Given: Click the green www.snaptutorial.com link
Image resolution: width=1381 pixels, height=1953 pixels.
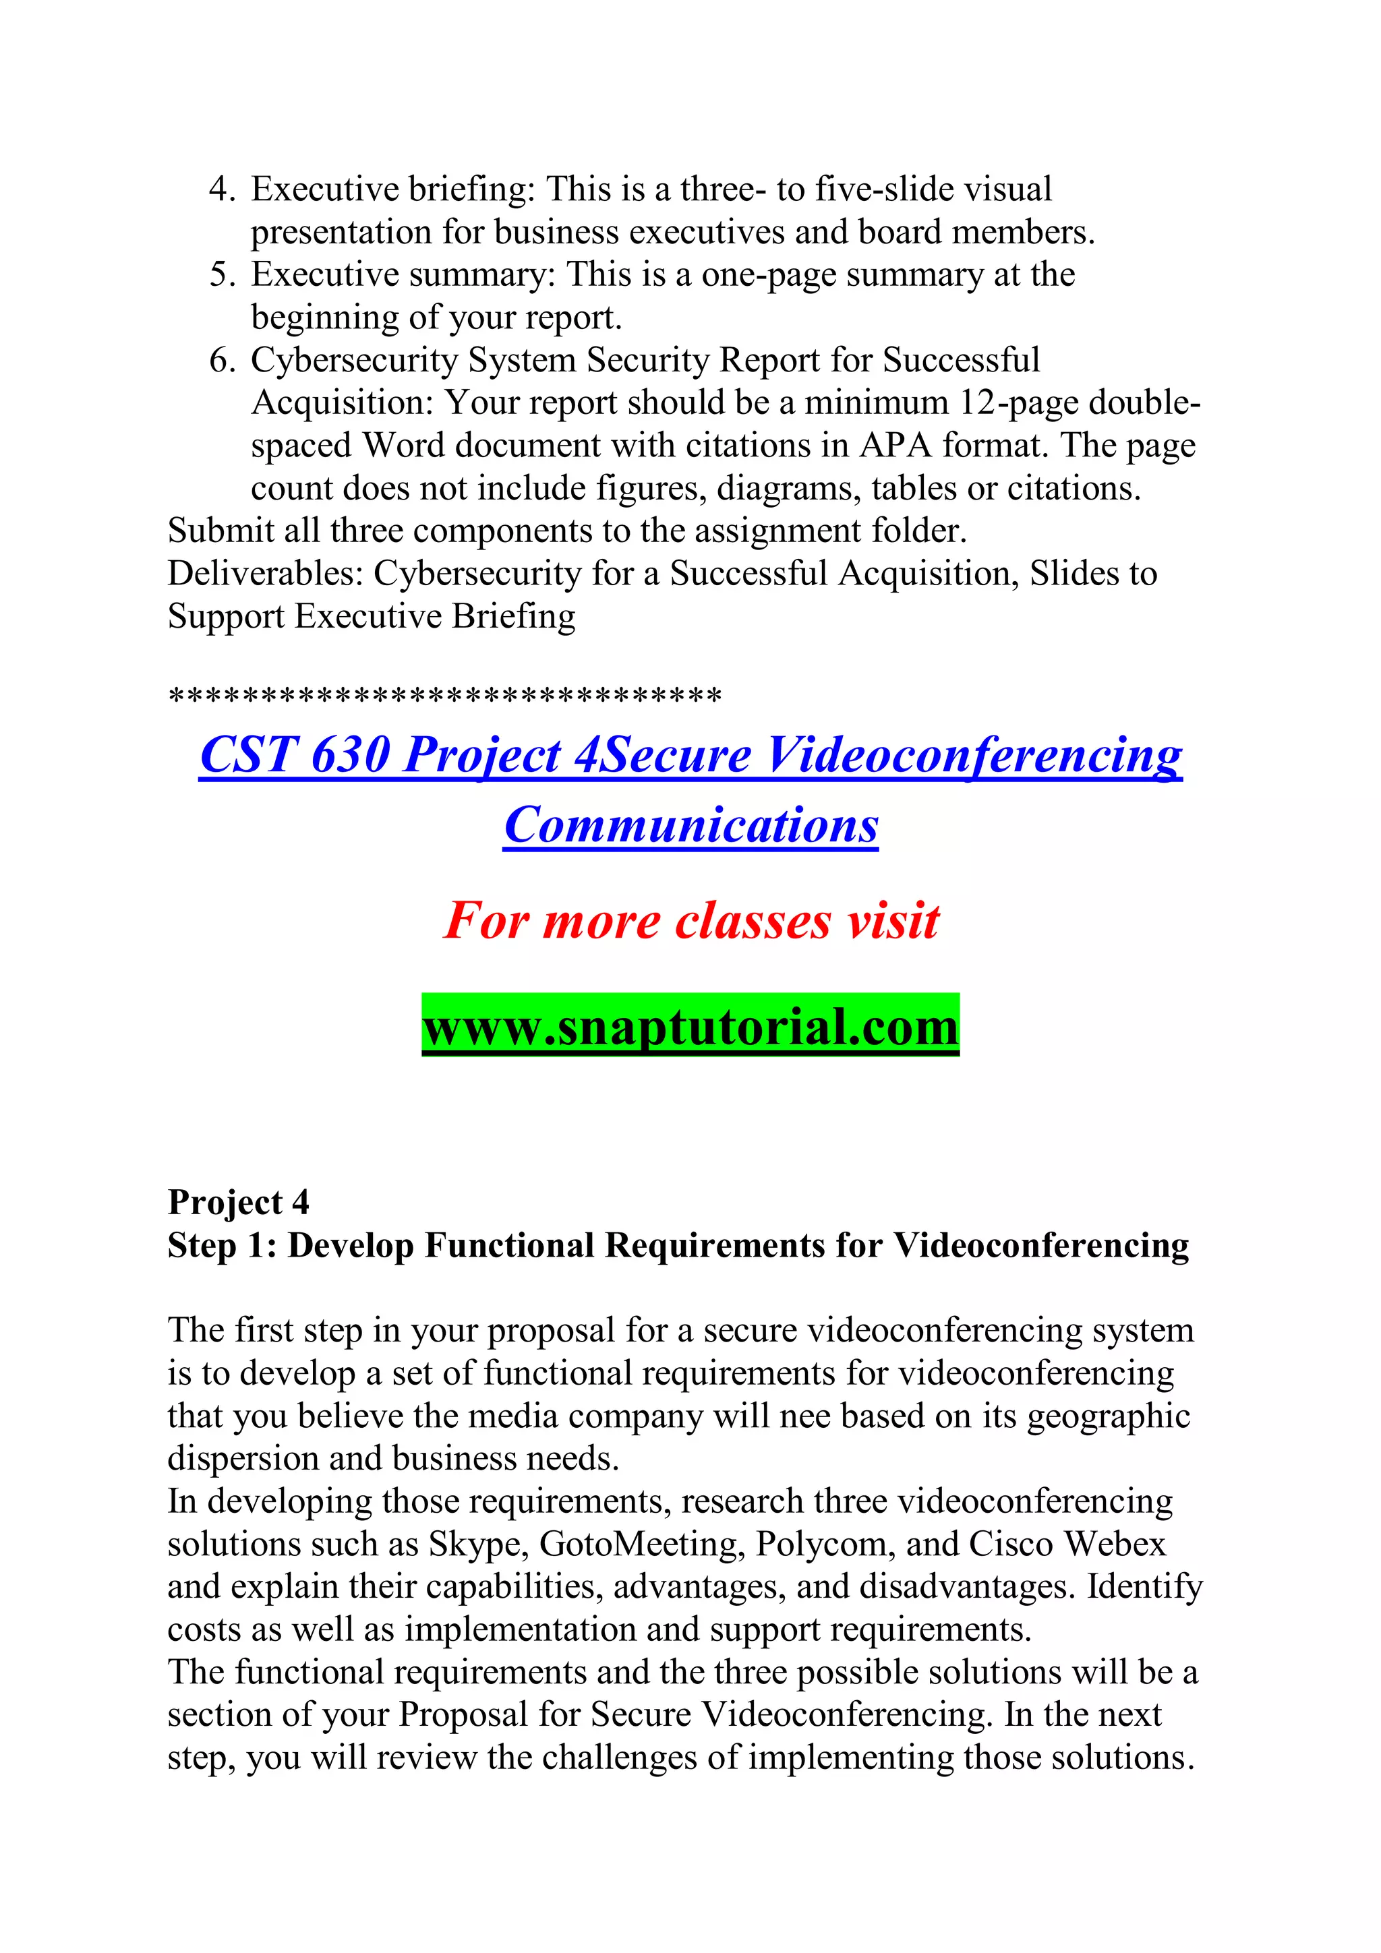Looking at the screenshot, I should coord(690,1027).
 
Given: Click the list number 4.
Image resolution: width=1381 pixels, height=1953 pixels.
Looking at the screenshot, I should coord(221,189).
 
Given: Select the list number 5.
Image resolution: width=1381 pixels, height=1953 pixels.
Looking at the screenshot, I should coord(221,275).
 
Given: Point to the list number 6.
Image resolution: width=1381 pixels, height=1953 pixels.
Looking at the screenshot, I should coord(221,361).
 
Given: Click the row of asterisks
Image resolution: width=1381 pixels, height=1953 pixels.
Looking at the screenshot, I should coord(445,696).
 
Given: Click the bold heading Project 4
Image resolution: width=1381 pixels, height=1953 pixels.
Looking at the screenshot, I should coord(238,1203).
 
